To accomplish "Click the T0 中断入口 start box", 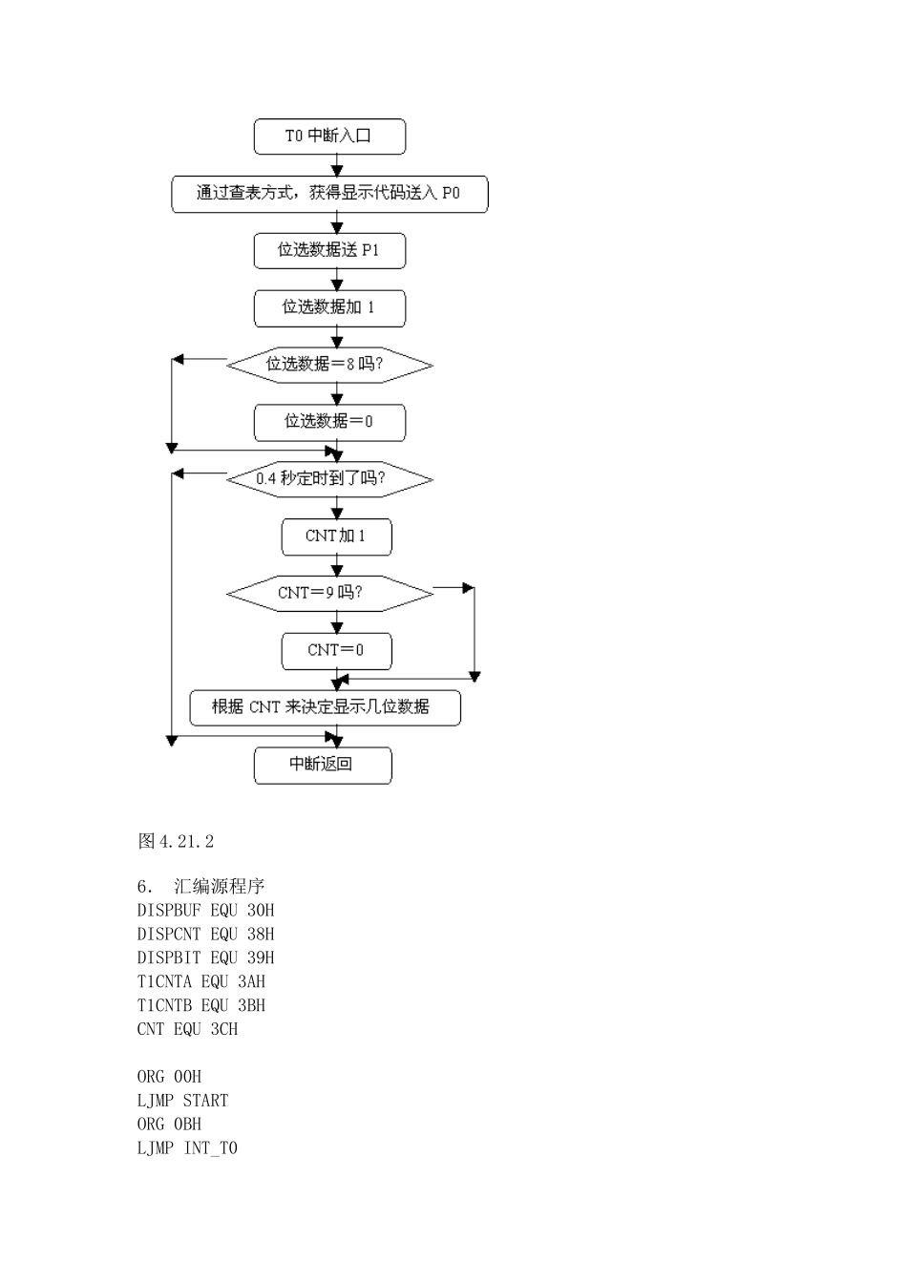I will (329, 137).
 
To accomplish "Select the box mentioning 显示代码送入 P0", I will (329, 194).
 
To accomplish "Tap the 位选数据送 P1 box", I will (329, 251).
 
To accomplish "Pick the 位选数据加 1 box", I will (329, 308).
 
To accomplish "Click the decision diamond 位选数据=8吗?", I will (329, 365).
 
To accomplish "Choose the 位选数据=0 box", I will (329, 422).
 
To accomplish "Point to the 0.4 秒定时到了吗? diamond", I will (329, 479).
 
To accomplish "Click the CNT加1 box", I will (336, 536).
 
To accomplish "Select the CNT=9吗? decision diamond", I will (329, 594).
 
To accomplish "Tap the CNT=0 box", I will (336, 651).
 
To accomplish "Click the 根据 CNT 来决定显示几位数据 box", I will (325, 707).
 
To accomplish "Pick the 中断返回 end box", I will (322, 765).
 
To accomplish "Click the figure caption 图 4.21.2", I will (176, 841).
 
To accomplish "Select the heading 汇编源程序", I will (220, 887).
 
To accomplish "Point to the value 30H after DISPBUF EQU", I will (261, 911).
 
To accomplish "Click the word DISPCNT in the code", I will (169, 935).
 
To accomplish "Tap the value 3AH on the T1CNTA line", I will (251, 981).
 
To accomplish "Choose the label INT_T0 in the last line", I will (210, 1148).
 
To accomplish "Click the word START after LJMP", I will (205, 1101).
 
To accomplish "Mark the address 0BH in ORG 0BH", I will (187, 1125).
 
